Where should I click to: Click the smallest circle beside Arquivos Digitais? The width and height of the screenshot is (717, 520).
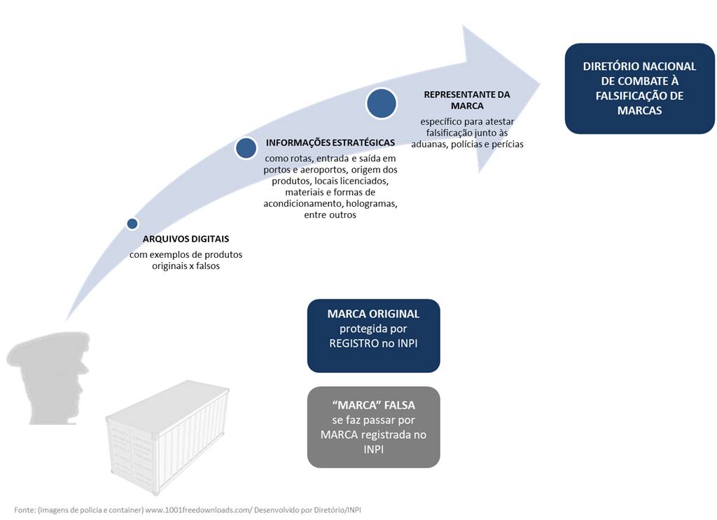tap(132, 224)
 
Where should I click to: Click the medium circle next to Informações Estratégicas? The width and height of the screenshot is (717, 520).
tap(246, 148)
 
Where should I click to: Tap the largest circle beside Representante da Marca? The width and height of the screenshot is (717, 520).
tap(382, 103)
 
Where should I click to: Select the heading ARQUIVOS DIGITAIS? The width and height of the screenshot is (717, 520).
tap(186, 239)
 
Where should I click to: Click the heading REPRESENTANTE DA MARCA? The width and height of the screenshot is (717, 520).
tap(467, 100)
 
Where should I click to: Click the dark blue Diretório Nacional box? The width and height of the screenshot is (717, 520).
tap(639, 88)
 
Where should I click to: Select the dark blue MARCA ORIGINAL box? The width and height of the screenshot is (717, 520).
tap(373, 336)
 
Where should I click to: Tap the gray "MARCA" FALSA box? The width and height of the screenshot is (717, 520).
tap(373, 427)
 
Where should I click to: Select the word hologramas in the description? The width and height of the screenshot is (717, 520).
tap(373, 203)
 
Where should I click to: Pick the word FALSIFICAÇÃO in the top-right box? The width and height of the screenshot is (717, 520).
tap(640, 95)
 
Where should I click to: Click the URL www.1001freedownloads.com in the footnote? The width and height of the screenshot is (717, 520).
tap(198, 509)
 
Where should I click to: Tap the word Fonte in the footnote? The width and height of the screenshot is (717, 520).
tap(25, 509)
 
